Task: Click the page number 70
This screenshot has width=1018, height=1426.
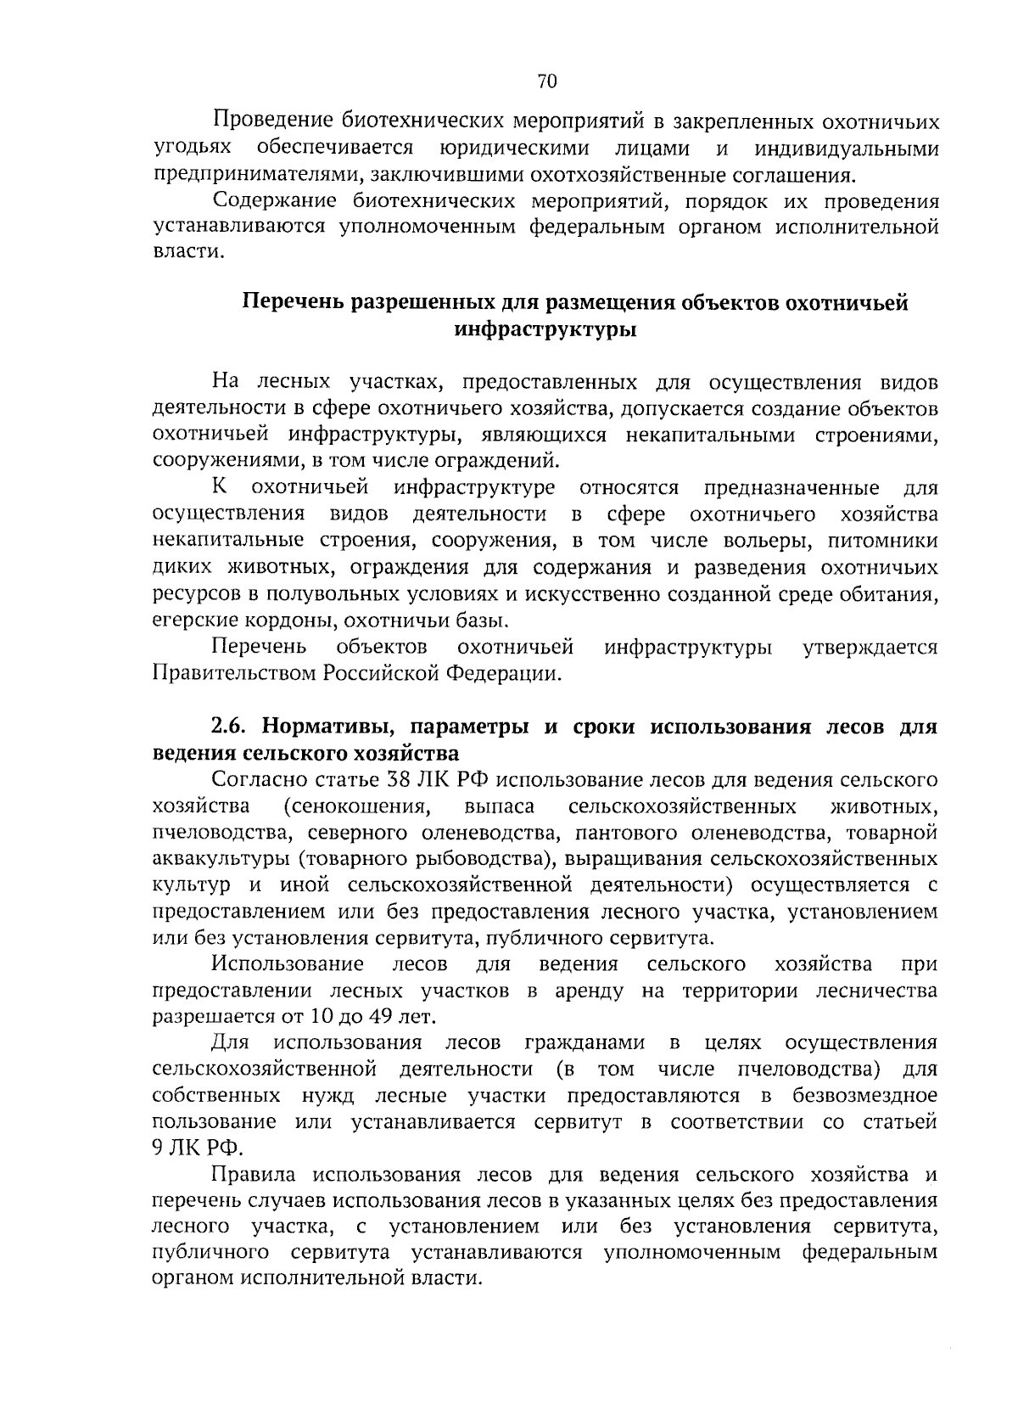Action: pos(546,81)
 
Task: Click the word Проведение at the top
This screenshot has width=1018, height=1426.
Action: pos(270,121)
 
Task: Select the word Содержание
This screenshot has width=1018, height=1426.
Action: pos(273,202)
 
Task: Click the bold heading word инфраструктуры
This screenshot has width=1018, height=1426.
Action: pos(545,329)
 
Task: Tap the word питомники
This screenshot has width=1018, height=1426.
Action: pos(883,541)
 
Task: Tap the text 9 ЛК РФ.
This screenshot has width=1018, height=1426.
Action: pos(197,1148)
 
